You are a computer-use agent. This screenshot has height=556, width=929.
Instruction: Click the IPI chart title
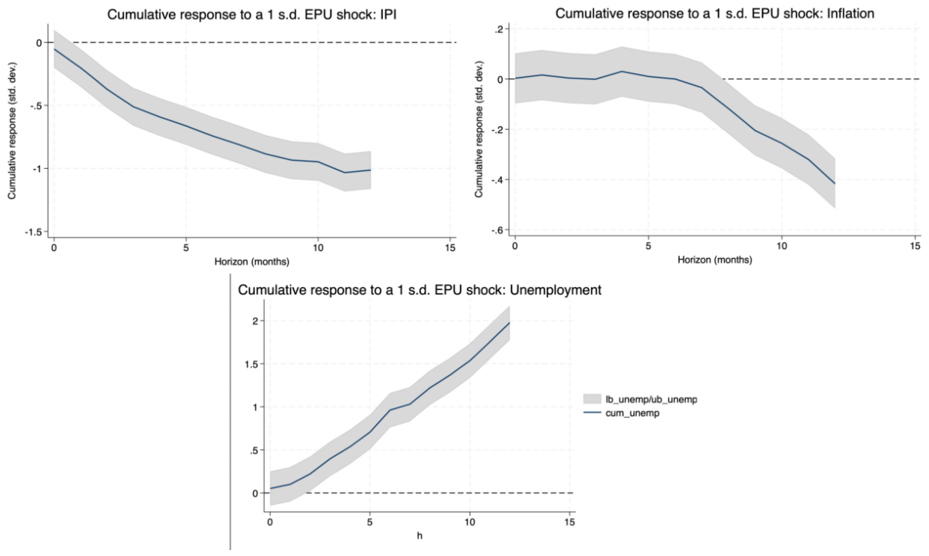pos(252,14)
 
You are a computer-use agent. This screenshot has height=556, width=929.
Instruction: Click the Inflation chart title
pos(714,13)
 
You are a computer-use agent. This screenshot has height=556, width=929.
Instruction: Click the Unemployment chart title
pos(420,290)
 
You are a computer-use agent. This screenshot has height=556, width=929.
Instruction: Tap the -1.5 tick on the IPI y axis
pos(33,232)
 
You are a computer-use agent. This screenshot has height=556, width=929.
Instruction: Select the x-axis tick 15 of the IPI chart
pos(450,248)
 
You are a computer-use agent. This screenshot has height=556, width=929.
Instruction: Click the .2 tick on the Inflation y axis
pos(498,29)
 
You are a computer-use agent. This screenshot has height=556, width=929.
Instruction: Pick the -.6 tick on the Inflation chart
pos(497,230)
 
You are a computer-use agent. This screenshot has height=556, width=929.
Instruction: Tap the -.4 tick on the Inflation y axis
pos(497,180)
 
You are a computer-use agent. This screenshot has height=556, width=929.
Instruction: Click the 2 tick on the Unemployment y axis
pos(255,321)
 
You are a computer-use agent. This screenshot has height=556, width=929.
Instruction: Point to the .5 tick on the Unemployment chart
pos(254,450)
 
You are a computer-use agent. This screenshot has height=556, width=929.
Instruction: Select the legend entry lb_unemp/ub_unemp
pos(640,399)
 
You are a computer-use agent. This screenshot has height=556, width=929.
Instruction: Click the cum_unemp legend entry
pos(622,413)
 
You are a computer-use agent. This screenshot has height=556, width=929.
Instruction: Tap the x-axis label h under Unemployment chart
pos(420,536)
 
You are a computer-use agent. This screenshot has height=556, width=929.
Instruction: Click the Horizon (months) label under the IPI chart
pos(252,262)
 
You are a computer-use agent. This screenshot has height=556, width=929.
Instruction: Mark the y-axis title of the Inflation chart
pos(479,129)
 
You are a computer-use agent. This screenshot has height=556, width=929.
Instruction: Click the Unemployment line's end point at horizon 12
pos(509,323)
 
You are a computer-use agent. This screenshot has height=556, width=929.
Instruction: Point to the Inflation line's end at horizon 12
pos(835,183)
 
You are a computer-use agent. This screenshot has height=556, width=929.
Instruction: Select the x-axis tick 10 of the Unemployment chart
pos(470,522)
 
